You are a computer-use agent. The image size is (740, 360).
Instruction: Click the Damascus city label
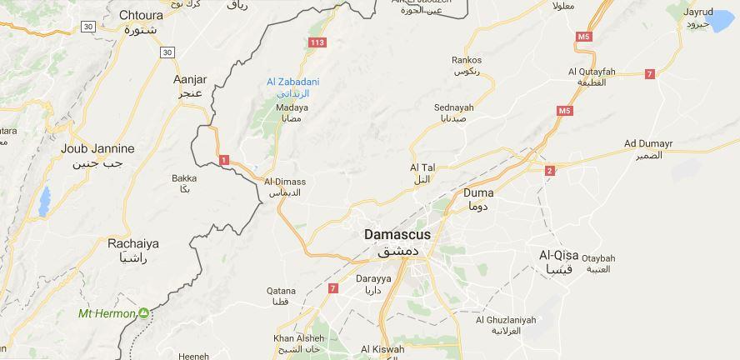(x=397, y=235)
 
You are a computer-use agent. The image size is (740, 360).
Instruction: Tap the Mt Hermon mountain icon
(x=144, y=313)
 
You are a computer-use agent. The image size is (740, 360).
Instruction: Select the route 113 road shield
(x=317, y=42)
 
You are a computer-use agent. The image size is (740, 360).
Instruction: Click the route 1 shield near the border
(x=223, y=159)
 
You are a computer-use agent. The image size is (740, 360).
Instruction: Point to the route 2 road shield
(x=549, y=171)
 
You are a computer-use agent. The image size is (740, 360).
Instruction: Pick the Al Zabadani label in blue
(x=292, y=82)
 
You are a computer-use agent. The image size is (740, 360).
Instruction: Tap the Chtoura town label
(x=141, y=15)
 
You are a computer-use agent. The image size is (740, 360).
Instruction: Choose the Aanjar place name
(x=189, y=80)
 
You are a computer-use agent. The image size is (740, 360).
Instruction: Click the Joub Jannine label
(x=97, y=148)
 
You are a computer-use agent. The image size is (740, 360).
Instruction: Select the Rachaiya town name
(x=133, y=244)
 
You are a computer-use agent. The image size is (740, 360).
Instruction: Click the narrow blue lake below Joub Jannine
(x=44, y=201)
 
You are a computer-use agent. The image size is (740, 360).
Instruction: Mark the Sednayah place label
(x=453, y=107)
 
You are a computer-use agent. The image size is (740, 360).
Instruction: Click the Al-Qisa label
(x=559, y=255)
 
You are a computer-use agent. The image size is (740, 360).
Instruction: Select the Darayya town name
(x=373, y=278)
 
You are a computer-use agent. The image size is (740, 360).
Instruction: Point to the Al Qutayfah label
(x=591, y=72)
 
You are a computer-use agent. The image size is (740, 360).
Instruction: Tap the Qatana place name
(x=281, y=291)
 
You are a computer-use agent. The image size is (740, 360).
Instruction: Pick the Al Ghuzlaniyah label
(x=506, y=319)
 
